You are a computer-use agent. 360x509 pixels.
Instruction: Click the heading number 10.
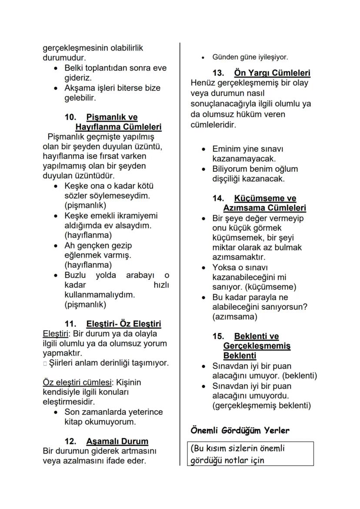70,117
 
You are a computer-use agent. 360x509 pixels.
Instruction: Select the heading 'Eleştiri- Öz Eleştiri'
123,324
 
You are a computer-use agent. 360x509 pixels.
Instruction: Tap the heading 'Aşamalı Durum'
117,441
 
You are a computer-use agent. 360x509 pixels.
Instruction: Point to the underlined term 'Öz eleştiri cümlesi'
77,383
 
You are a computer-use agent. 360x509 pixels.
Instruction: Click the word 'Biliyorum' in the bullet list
230,169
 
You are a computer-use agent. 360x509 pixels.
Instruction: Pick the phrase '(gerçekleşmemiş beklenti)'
262,406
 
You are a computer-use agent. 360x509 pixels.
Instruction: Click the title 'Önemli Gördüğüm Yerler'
240,431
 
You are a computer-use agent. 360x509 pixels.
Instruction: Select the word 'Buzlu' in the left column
76,275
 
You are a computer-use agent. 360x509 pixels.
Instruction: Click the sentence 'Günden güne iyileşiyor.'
250,57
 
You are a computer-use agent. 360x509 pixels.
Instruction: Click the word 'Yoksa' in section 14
223,267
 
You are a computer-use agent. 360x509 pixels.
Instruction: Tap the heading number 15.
218,336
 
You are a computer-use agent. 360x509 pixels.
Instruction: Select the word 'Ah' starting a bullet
70,246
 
